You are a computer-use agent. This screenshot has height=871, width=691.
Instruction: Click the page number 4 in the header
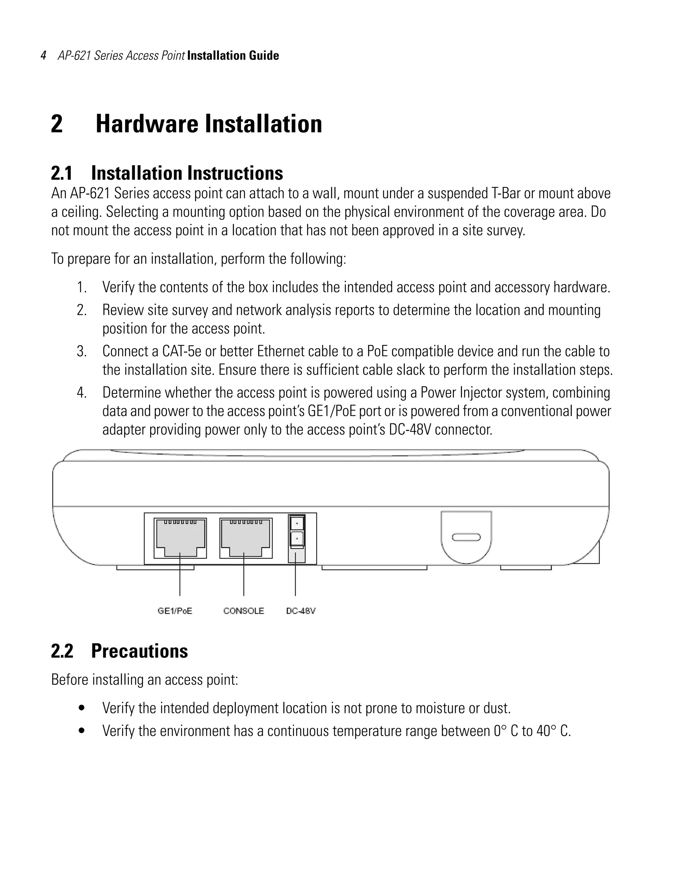click(44, 55)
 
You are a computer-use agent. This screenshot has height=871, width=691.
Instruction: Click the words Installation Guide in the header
click(233, 55)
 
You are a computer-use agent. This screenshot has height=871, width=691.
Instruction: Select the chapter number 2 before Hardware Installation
click(57, 124)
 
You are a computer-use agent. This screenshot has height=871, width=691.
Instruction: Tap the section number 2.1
click(62, 173)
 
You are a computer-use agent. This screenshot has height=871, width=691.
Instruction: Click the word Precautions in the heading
click(139, 651)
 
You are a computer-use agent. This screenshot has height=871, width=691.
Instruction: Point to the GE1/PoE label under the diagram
click(175, 611)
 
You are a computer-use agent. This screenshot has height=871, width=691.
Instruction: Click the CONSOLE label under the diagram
click(243, 611)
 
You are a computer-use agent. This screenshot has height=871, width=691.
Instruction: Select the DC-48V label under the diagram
click(301, 611)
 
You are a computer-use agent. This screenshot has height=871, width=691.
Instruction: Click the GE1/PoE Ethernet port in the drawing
click(180, 538)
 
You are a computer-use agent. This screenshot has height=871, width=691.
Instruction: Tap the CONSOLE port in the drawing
click(246, 538)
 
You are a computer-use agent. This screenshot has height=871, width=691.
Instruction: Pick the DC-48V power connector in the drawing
click(297, 532)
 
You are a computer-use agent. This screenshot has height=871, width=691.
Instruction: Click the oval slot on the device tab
click(466, 537)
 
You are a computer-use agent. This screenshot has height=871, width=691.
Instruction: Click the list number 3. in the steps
click(82, 352)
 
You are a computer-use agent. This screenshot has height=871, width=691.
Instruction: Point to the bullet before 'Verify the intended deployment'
click(82, 708)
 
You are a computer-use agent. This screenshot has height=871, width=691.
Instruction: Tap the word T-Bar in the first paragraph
click(506, 194)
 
